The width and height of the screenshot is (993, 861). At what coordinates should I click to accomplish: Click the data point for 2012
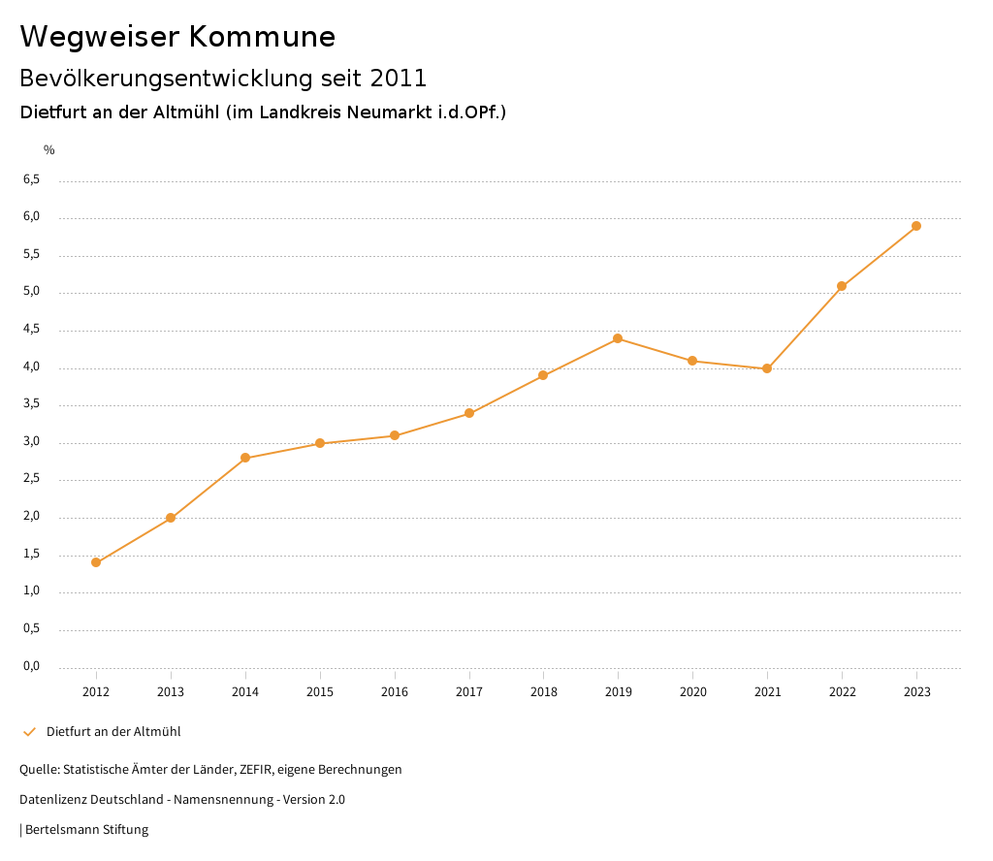point(96,562)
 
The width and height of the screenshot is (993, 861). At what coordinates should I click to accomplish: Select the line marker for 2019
point(618,338)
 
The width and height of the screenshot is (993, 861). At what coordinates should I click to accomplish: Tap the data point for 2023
point(916,226)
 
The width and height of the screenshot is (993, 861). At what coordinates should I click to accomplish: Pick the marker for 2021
point(767,368)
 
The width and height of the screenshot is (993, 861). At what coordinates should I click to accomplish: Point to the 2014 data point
point(245,458)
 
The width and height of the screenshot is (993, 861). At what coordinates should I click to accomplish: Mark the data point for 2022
point(842,286)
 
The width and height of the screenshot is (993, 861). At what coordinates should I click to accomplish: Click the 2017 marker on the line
point(469,413)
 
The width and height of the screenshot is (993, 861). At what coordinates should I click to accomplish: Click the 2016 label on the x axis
point(395,692)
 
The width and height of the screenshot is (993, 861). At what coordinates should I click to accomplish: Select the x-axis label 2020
point(692,692)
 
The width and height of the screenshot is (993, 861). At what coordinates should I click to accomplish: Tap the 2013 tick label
point(171,692)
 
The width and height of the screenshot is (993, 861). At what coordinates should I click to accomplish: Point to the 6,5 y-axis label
point(32,179)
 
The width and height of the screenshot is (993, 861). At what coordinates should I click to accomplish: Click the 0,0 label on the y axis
point(32,666)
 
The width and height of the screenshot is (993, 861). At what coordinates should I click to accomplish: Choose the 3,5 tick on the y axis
point(32,404)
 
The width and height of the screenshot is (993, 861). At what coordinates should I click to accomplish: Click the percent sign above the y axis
point(49,150)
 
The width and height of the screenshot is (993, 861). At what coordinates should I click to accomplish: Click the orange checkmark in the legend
point(29,732)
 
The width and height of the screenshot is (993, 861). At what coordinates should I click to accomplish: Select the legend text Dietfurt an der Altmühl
point(113,732)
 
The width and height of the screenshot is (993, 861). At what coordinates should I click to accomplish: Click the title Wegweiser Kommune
point(177,37)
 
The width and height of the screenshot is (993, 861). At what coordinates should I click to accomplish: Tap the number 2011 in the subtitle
point(399,78)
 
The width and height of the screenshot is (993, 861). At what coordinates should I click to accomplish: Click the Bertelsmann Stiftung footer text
point(86,830)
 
